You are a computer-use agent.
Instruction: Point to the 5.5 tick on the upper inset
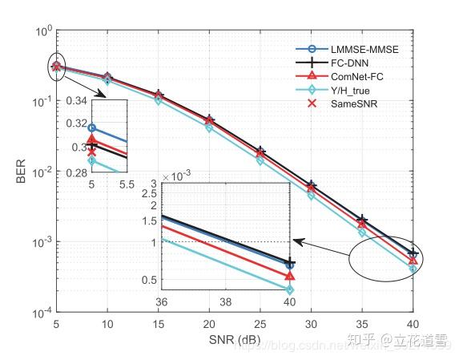127,184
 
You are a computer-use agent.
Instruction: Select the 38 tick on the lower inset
225,304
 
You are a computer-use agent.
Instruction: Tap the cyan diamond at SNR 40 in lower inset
288,290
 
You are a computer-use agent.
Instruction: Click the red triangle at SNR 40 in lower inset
288,277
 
